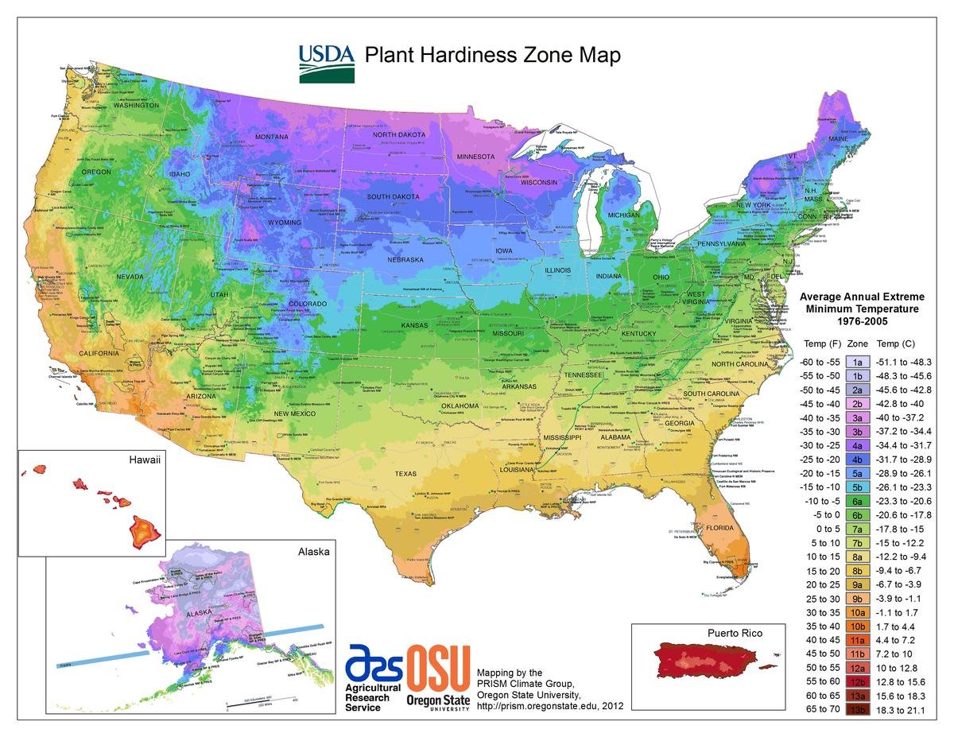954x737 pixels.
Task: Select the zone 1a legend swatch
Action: point(858,361)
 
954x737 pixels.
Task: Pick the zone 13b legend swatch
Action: point(858,708)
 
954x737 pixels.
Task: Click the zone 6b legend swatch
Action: point(858,514)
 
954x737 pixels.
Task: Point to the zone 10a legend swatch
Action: point(858,612)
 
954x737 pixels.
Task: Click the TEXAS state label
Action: point(405,475)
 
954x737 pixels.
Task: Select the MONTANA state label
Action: point(272,138)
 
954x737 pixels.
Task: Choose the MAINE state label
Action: point(838,140)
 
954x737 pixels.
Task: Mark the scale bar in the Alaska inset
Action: point(261,704)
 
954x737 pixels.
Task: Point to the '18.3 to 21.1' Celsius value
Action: point(902,708)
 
